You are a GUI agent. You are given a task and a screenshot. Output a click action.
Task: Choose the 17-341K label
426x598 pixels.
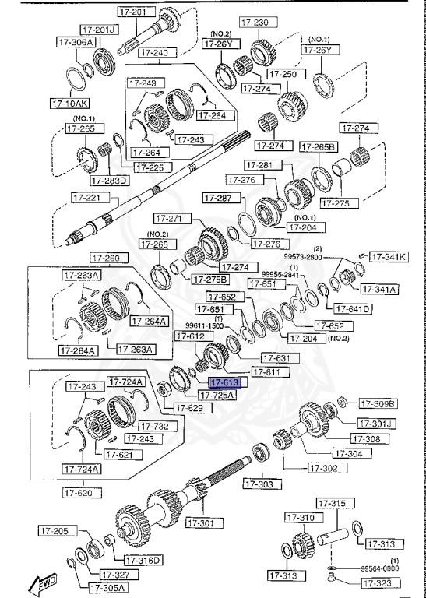pyautogui.click(x=387, y=256)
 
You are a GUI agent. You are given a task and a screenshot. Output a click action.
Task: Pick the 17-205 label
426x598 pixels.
pyautogui.click(x=57, y=531)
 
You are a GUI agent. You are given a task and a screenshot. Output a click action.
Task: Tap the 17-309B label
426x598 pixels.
pyautogui.click(x=378, y=403)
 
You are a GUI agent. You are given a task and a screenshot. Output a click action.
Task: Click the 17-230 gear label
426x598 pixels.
pyautogui.click(x=254, y=22)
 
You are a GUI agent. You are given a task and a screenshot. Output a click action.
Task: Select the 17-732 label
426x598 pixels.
pyautogui.click(x=154, y=425)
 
